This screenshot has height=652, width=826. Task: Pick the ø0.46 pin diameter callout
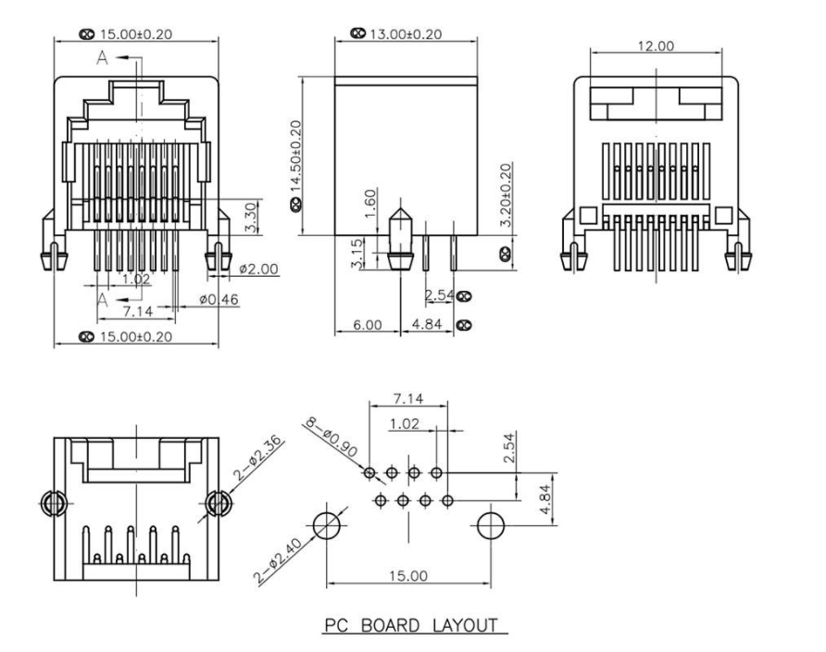[219, 300]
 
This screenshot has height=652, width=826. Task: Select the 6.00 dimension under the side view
[367, 327]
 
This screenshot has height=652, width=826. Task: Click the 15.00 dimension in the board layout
[407, 575]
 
